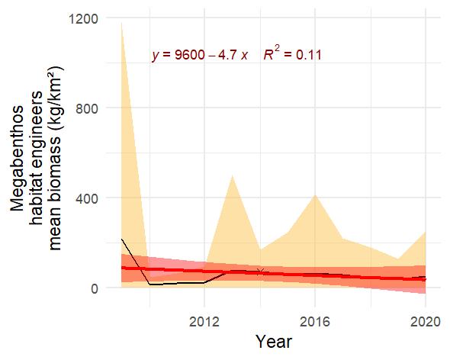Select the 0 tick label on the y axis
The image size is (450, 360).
tap(95, 288)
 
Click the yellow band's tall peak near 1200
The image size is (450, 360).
tap(122, 23)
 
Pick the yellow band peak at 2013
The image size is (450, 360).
tap(232, 175)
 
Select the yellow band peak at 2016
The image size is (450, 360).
tap(315, 194)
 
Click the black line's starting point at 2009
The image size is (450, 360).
tap(122, 239)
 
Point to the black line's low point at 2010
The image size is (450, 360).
tap(149, 284)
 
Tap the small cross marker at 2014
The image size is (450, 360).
tap(260, 272)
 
